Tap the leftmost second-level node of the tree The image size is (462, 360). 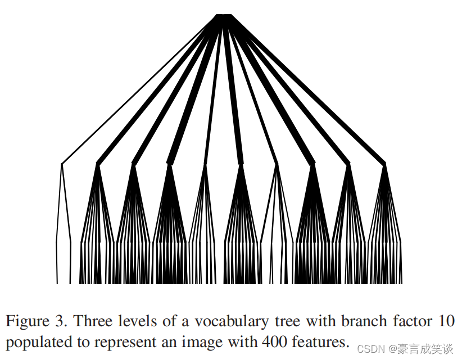point(62,164)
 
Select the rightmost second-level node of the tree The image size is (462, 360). point(385,164)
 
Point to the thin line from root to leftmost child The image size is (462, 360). point(141,90)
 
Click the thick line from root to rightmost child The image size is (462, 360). point(306,90)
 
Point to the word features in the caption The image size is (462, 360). point(318,341)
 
